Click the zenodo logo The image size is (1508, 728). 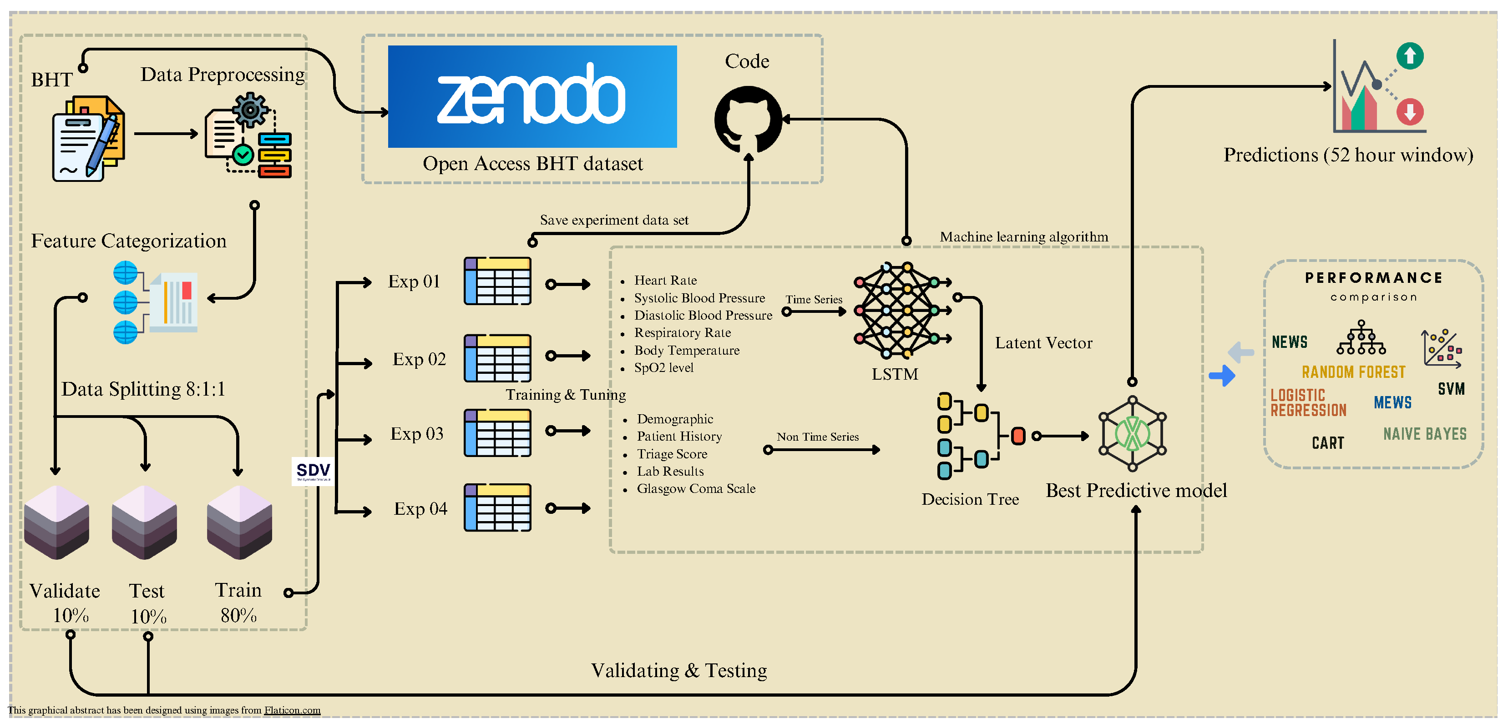tap(531, 96)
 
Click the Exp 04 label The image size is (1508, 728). tap(420, 508)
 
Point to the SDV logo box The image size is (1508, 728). tap(313, 471)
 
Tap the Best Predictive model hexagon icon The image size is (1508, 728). tap(1132, 434)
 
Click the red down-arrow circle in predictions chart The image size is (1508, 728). tap(1410, 111)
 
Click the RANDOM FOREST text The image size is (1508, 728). tap(1353, 372)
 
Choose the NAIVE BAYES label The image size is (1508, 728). tap(1424, 434)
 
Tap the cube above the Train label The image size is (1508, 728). tap(239, 522)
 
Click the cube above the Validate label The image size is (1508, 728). tap(57, 522)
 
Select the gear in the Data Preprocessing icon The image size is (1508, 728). tap(250, 110)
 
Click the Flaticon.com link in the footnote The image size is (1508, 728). tap(292, 710)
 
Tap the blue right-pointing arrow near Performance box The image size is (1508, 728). tap(1222, 375)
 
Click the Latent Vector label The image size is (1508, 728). tap(1043, 343)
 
